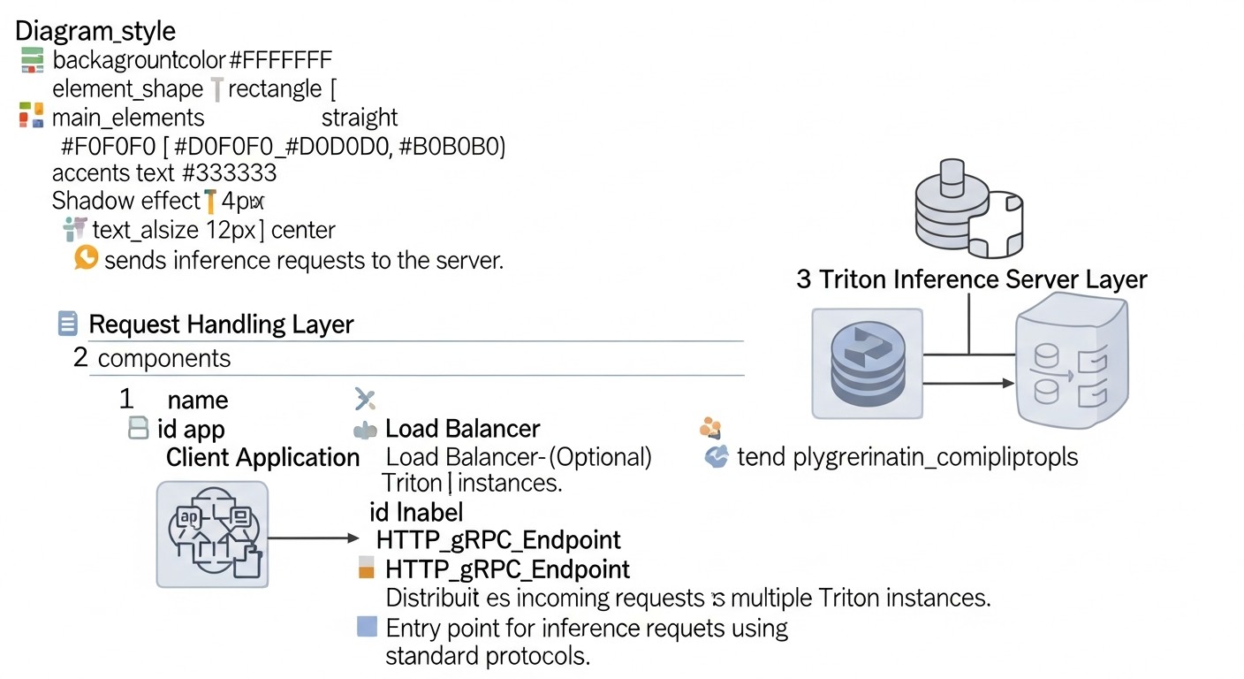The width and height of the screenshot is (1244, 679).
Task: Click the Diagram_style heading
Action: (x=95, y=31)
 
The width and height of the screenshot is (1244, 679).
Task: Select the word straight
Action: (x=359, y=118)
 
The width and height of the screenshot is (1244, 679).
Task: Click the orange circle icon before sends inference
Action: (x=86, y=258)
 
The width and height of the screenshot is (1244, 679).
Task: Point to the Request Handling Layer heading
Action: (x=221, y=324)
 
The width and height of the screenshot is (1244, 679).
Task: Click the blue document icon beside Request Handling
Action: (x=67, y=324)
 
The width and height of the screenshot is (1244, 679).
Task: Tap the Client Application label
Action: (x=262, y=457)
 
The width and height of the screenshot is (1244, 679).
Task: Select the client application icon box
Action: (x=212, y=534)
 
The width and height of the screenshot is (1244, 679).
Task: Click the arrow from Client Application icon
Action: (x=314, y=538)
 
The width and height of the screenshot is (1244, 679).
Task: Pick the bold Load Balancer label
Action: (x=462, y=429)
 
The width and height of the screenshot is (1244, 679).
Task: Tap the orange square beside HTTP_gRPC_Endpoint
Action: (x=367, y=568)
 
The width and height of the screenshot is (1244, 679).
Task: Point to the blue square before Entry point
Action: (x=367, y=628)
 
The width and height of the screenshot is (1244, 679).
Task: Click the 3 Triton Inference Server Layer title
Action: (x=971, y=280)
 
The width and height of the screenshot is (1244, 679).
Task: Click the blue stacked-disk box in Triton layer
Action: (x=867, y=363)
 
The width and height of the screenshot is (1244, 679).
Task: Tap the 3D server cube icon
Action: (x=1071, y=362)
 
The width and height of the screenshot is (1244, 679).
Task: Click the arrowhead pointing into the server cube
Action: (x=1006, y=383)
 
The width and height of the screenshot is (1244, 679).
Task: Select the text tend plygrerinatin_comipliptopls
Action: (x=907, y=457)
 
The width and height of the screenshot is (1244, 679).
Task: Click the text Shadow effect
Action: (x=125, y=201)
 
